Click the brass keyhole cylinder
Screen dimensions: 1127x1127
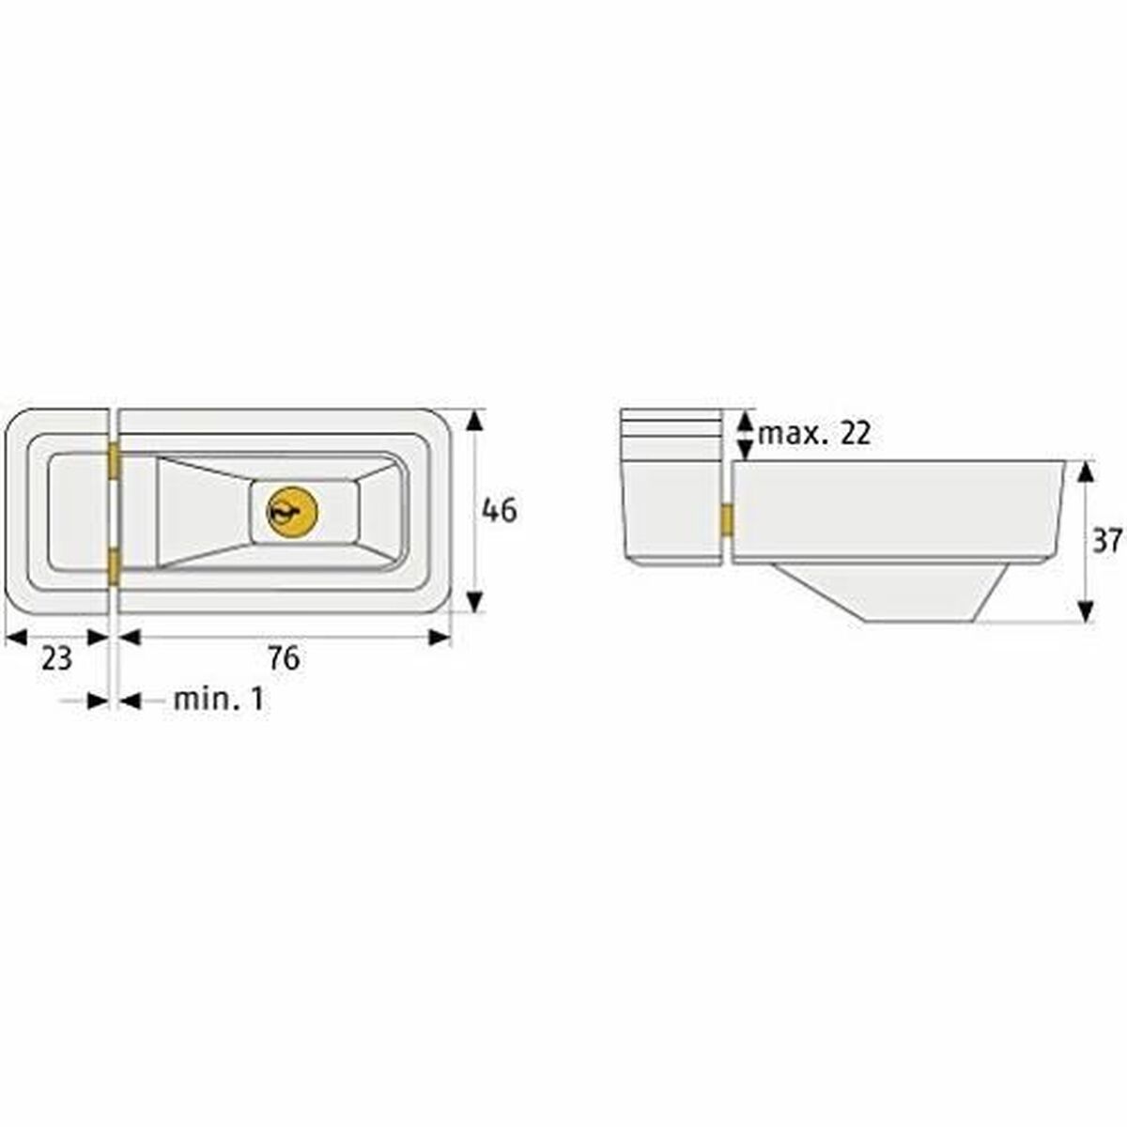[x=292, y=512]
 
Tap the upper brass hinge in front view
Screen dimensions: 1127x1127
[x=114, y=462]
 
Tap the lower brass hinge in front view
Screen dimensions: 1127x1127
[x=114, y=566]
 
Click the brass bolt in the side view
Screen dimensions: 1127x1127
[x=727, y=520]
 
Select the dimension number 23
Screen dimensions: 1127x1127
[x=56, y=659]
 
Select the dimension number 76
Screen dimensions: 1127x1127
[x=283, y=659]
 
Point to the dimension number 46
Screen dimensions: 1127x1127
[x=499, y=511]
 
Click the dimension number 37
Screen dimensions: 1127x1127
[x=1107, y=541]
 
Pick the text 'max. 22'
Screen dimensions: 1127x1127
[x=814, y=434]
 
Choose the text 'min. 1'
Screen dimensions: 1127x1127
[x=219, y=700]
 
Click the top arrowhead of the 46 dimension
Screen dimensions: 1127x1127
[x=476, y=420]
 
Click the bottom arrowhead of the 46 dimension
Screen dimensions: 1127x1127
[x=476, y=601]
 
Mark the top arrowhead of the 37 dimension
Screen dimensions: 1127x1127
[x=1086, y=471]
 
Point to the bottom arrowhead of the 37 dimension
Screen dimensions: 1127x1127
[x=1086, y=611]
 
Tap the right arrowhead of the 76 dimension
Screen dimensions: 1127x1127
[x=440, y=638]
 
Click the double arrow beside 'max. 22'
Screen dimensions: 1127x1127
[x=744, y=434]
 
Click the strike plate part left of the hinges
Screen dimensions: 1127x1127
[x=58, y=512]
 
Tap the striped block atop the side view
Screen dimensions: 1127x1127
[x=667, y=434]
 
